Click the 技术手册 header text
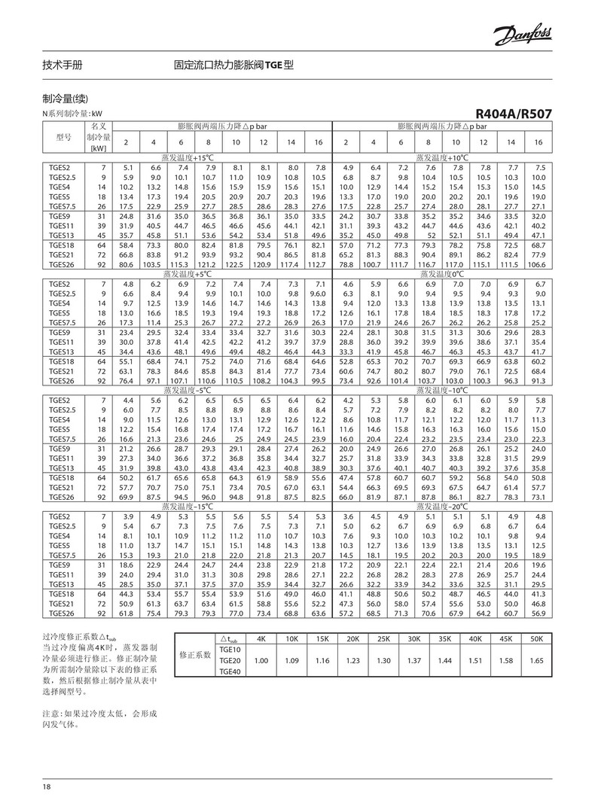(63, 65)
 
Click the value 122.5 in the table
(236, 265)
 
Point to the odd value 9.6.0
(319, 294)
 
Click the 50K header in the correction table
(536, 638)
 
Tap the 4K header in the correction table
(261, 638)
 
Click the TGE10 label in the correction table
(229, 649)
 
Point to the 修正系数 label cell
(195, 656)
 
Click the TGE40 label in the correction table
(229, 671)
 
